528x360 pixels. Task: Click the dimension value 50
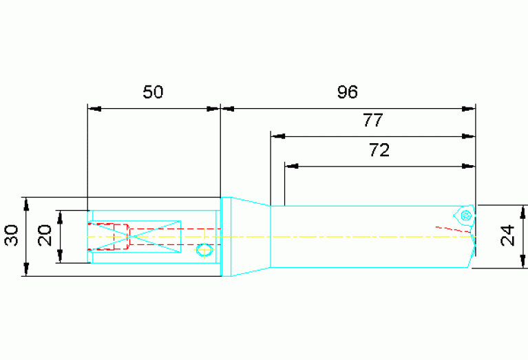point(153,92)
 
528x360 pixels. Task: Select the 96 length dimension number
point(347,92)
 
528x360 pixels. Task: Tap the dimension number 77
point(372,121)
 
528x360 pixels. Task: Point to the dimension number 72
point(379,151)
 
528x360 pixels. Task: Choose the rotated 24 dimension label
point(508,237)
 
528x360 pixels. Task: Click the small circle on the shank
point(204,249)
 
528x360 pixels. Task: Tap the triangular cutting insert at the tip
point(465,215)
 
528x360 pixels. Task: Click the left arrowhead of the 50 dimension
point(94,108)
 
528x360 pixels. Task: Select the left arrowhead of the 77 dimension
point(276,136)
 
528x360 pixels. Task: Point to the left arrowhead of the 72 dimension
point(291,166)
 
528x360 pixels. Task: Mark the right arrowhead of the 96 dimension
point(469,108)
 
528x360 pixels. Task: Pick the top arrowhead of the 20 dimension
point(60,215)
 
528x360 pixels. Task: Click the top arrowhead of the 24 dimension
point(523,210)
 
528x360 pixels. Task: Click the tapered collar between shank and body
point(246,237)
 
